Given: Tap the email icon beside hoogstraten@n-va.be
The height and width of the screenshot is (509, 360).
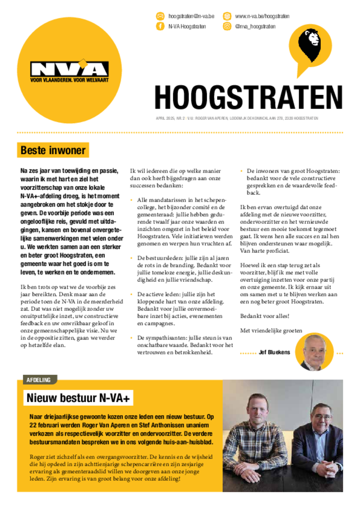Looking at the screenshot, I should (x=160, y=16).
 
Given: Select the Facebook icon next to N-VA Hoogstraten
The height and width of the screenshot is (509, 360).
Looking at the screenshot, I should (x=160, y=26).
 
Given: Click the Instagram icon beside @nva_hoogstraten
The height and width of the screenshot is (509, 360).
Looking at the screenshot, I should (x=227, y=26).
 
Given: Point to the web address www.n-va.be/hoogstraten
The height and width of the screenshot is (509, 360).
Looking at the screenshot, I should (x=262, y=16).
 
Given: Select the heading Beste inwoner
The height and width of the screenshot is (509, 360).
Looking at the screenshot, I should (x=53, y=150).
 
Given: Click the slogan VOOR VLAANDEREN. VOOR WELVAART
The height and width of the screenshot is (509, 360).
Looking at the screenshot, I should (x=69, y=80).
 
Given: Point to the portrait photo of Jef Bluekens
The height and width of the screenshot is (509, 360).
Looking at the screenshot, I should (x=315, y=352).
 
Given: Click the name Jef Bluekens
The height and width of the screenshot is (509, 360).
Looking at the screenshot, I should (x=274, y=352).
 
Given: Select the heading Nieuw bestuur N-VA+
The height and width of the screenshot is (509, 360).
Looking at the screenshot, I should (x=80, y=398).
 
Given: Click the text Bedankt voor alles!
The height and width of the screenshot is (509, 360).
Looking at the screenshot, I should (x=264, y=316).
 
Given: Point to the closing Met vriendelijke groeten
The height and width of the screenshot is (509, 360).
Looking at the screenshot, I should (x=271, y=330).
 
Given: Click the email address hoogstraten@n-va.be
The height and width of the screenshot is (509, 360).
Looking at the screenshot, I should (x=191, y=16).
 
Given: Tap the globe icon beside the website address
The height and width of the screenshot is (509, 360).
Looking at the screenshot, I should (x=227, y=16).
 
